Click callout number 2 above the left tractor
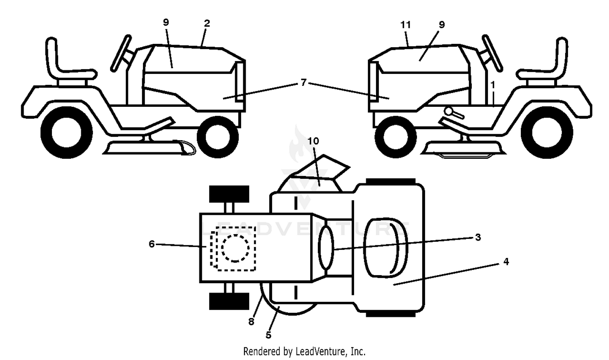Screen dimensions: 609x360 [x=207, y=24]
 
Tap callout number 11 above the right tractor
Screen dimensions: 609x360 [x=405, y=25]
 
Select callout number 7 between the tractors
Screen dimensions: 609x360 [x=304, y=82]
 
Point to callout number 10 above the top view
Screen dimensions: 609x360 [x=313, y=141]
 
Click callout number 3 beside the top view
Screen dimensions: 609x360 [x=478, y=237]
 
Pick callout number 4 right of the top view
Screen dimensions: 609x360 [x=506, y=262]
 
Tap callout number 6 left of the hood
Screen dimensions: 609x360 [x=152, y=244]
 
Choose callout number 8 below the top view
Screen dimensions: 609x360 [x=251, y=322]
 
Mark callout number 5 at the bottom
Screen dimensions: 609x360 [x=269, y=335]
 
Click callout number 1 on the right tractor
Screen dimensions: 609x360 [x=492, y=85]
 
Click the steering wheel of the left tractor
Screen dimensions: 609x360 [x=121, y=53]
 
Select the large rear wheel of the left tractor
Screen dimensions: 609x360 [x=67, y=132]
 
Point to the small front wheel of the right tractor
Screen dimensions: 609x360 [x=395, y=137]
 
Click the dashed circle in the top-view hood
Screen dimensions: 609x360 [x=235, y=248]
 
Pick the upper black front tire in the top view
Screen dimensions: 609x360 [x=229, y=194]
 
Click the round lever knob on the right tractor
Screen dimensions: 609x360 [x=449, y=111]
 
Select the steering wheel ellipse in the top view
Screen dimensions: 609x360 [x=326, y=247]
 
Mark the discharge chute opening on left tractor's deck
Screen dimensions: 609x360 [x=188, y=148]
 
